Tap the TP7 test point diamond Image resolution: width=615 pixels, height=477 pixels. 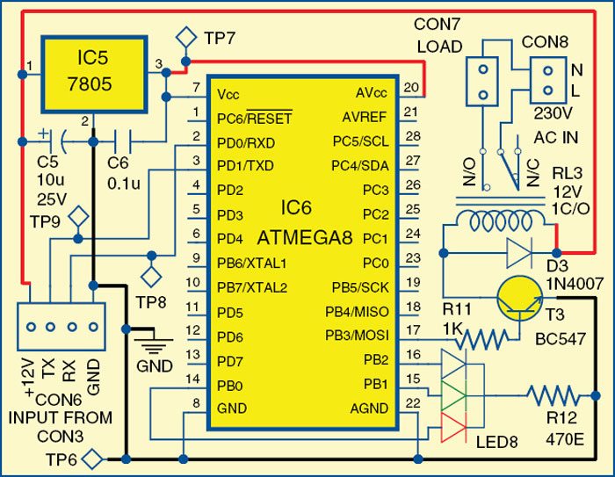coord(185,37)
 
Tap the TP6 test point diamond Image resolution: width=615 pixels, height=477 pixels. coord(97,458)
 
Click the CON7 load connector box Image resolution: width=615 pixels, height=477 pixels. coord(481,81)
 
